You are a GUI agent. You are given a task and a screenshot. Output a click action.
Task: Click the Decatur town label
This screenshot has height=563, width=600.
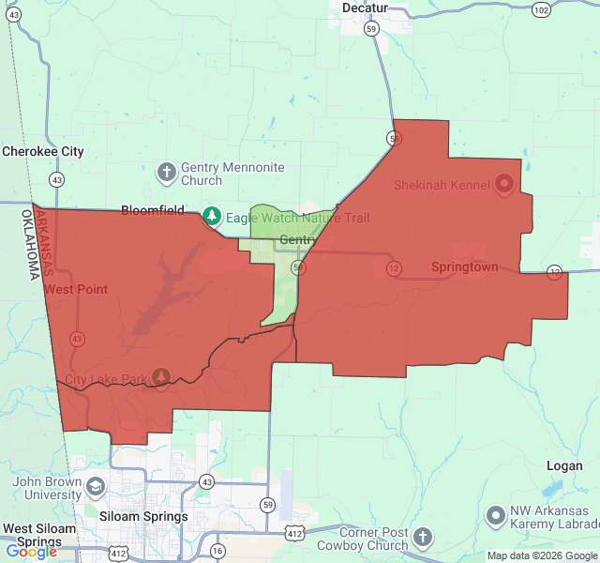click(x=365, y=8)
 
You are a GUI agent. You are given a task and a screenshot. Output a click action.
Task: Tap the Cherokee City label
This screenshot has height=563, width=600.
click(x=43, y=151)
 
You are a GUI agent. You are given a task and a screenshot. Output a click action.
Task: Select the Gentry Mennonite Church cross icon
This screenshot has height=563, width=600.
click(x=166, y=173)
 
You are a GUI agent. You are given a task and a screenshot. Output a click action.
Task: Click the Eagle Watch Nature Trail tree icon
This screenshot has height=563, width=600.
click(x=212, y=218)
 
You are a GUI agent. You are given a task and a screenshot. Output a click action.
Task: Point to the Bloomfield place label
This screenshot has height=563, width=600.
click(x=153, y=210)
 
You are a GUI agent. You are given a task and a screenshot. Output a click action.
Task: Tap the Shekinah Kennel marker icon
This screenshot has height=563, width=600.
click(x=504, y=184)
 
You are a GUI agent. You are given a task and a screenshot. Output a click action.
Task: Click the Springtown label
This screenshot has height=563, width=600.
click(x=464, y=267)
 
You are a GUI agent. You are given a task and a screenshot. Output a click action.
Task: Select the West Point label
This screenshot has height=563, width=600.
click(x=76, y=289)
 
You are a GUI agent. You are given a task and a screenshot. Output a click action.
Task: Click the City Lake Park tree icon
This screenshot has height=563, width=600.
click(x=161, y=377)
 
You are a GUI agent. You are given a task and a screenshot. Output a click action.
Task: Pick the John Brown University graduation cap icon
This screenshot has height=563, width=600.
click(x=95, y=487)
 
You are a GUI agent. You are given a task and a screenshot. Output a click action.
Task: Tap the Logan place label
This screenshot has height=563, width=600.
click(x=565, y=465)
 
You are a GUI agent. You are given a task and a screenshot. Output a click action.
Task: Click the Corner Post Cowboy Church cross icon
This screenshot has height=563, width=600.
click(x=423, y=538)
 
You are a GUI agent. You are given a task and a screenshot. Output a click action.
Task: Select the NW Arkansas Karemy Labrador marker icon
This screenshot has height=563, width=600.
click(x=496, y=515)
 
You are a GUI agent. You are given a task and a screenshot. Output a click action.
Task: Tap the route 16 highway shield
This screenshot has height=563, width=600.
click(x=217, y=550)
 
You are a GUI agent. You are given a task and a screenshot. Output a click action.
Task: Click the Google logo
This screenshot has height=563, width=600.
click(x=31, y=552)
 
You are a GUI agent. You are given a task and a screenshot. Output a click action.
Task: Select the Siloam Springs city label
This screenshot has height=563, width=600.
click(x=143, y=517)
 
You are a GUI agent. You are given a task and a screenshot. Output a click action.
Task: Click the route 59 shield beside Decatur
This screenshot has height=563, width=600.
click(x=372, y=29)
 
